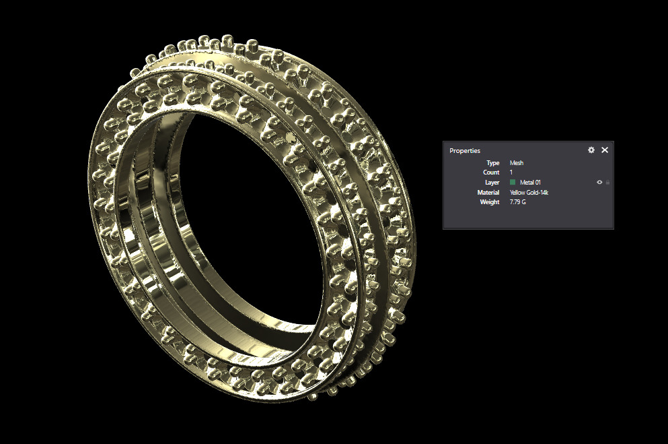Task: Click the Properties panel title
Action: tap(465, 150)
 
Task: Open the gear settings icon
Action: tap(591, 150)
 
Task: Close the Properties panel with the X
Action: tap(605, 150)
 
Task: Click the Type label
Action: tap(493, 163)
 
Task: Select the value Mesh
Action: tap(517, 163)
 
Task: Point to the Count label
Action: tap(492, 172)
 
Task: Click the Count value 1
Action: tap(511, 172)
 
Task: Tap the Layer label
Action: tap(492, 183)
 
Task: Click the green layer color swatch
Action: tap(513, 183)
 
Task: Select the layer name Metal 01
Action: tap(530, 183)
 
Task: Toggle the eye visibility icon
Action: tap(599, 183)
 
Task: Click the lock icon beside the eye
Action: tap(607, 183)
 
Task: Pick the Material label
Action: tap(488, 193)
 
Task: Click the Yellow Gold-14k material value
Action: tap(529, 193)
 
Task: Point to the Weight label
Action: tap(490, 202)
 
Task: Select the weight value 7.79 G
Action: tap(518, 202)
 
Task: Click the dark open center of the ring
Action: tap(249, 222)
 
